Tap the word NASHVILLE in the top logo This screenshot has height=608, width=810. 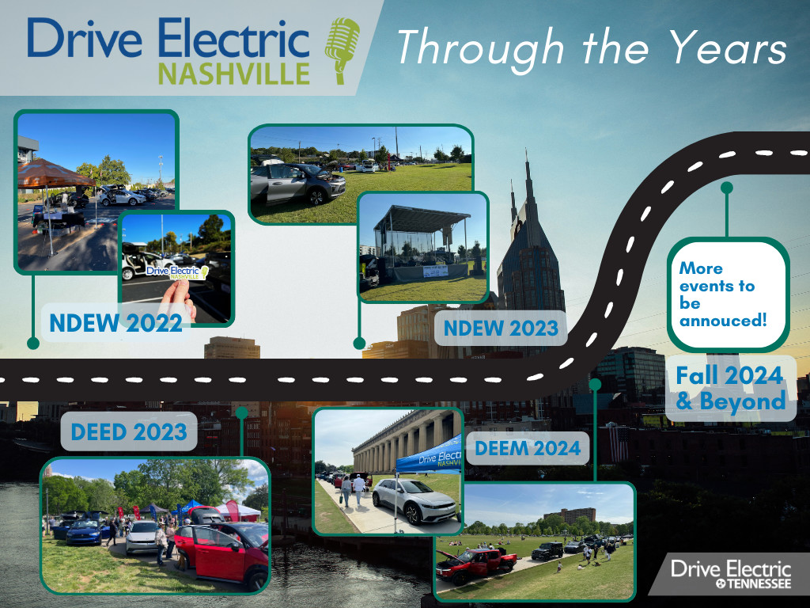coord(234,74)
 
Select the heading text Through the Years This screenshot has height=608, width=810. coord(592,48)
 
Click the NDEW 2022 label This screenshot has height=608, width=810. coord(115,323)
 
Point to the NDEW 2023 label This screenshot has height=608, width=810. coord(501,327)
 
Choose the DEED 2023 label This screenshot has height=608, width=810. coord(128,431)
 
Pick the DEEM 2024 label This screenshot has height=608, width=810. coord(528,449)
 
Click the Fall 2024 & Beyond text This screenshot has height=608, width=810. coord(729,388)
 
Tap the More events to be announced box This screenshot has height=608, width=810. coord(729,295)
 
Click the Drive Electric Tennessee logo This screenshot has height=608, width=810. coord(730,574)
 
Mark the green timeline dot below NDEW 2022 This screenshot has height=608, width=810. coord(32,344)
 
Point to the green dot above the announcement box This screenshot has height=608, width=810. coord(726,188)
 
